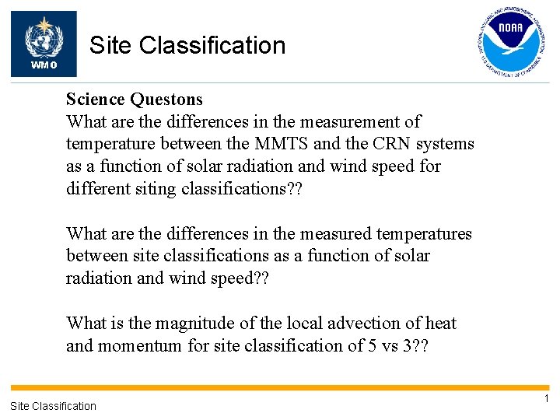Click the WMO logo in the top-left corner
tap(44, 44)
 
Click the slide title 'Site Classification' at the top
tap(187, 46)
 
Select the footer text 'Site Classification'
tap(53, 405)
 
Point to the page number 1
tap(546, 399)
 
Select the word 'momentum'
tap(139, 345)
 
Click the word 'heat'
tap(439, 324)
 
